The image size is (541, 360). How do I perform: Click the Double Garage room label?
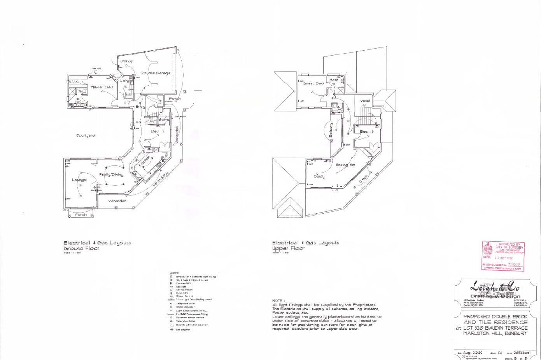155,73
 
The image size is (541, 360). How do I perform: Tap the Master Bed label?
102,87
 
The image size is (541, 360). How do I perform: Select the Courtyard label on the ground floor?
86,135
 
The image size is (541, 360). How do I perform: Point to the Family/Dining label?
111,174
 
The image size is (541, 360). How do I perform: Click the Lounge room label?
79,180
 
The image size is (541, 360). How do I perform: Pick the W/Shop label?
126,61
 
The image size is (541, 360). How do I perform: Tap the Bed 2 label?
158,131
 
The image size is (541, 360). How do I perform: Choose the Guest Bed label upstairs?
313,83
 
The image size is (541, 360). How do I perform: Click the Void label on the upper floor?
365,101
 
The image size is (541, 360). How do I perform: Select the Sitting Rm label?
345,165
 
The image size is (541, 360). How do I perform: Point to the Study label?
319,176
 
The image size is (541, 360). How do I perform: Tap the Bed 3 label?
366,132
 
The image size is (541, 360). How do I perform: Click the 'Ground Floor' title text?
82,248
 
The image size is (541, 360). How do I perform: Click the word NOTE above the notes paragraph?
278,301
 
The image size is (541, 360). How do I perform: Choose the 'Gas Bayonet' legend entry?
183,330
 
